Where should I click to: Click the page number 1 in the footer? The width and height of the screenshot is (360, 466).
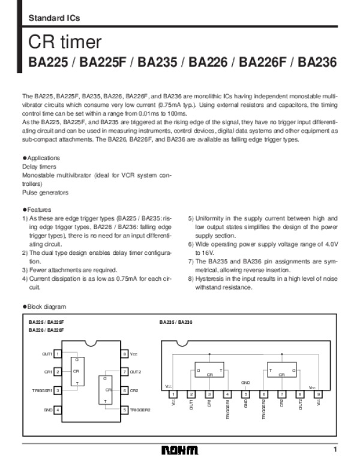point(336,450)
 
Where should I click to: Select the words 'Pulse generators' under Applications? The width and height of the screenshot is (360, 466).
point(45,193)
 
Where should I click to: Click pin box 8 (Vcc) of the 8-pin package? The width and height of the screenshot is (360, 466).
point(124,354)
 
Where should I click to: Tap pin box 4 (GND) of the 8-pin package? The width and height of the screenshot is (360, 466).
point(56,410)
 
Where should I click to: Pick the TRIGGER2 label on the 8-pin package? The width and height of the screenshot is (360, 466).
point(140,410)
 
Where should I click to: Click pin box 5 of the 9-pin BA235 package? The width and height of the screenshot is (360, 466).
point(245,394)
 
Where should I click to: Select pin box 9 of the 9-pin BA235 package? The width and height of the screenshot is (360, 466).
point(318,394)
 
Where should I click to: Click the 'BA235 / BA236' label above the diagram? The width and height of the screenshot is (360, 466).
point(176,322)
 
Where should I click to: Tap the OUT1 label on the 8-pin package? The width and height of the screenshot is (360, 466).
point(47,354)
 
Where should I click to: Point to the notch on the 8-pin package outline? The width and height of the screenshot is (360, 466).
point(91,344)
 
